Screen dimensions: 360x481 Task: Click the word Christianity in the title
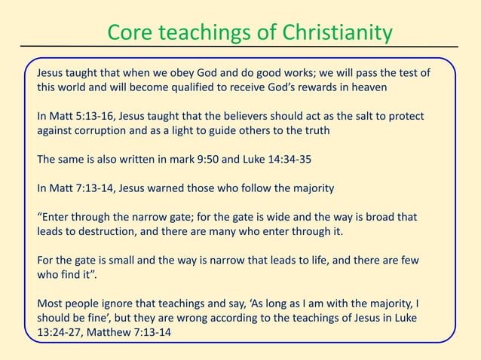(336, 33)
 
